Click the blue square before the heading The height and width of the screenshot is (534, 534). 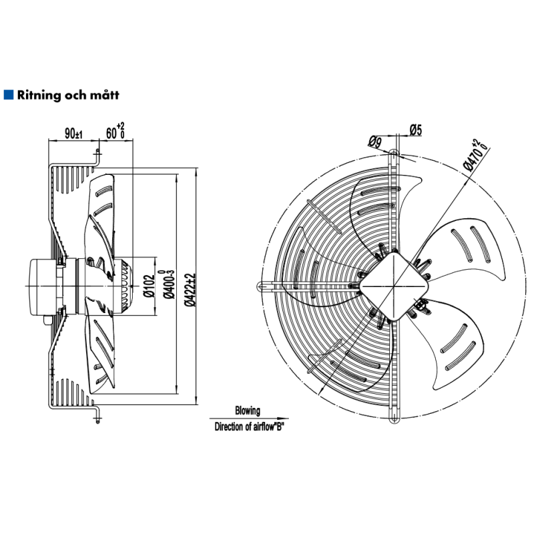coord(8,95)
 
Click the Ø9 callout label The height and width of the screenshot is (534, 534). coord(374,140)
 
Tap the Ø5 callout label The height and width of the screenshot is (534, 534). coord(415,130)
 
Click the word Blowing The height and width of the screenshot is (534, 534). coord(247,411)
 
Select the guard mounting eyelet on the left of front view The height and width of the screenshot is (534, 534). coord(260,286)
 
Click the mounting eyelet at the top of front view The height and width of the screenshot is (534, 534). coord(394,154)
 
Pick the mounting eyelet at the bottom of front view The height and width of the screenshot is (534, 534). coord(393,419)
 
